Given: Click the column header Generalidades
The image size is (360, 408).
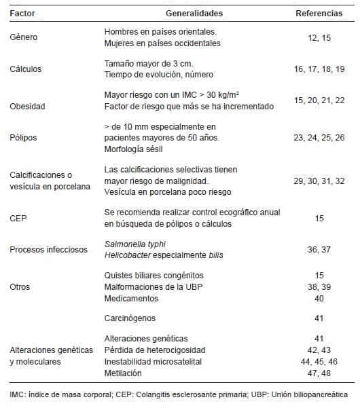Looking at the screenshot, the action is tap(194, 13).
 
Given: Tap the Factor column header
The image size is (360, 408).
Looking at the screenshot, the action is tap(23, 13).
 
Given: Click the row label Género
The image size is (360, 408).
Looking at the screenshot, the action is tap(24, 37).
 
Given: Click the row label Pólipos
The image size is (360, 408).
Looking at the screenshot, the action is tap(24, 137).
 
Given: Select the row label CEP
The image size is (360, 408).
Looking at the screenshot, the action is tap(18, 219).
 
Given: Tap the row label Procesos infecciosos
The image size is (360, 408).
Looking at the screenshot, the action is tap(49, 249).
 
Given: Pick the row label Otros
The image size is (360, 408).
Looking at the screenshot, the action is tap(20, 286).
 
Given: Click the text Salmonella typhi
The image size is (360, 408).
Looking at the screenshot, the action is tap(135, 244).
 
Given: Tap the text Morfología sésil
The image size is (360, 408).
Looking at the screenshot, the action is tap(137, 149).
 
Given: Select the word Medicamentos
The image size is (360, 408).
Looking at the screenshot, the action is tap(132, 299).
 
